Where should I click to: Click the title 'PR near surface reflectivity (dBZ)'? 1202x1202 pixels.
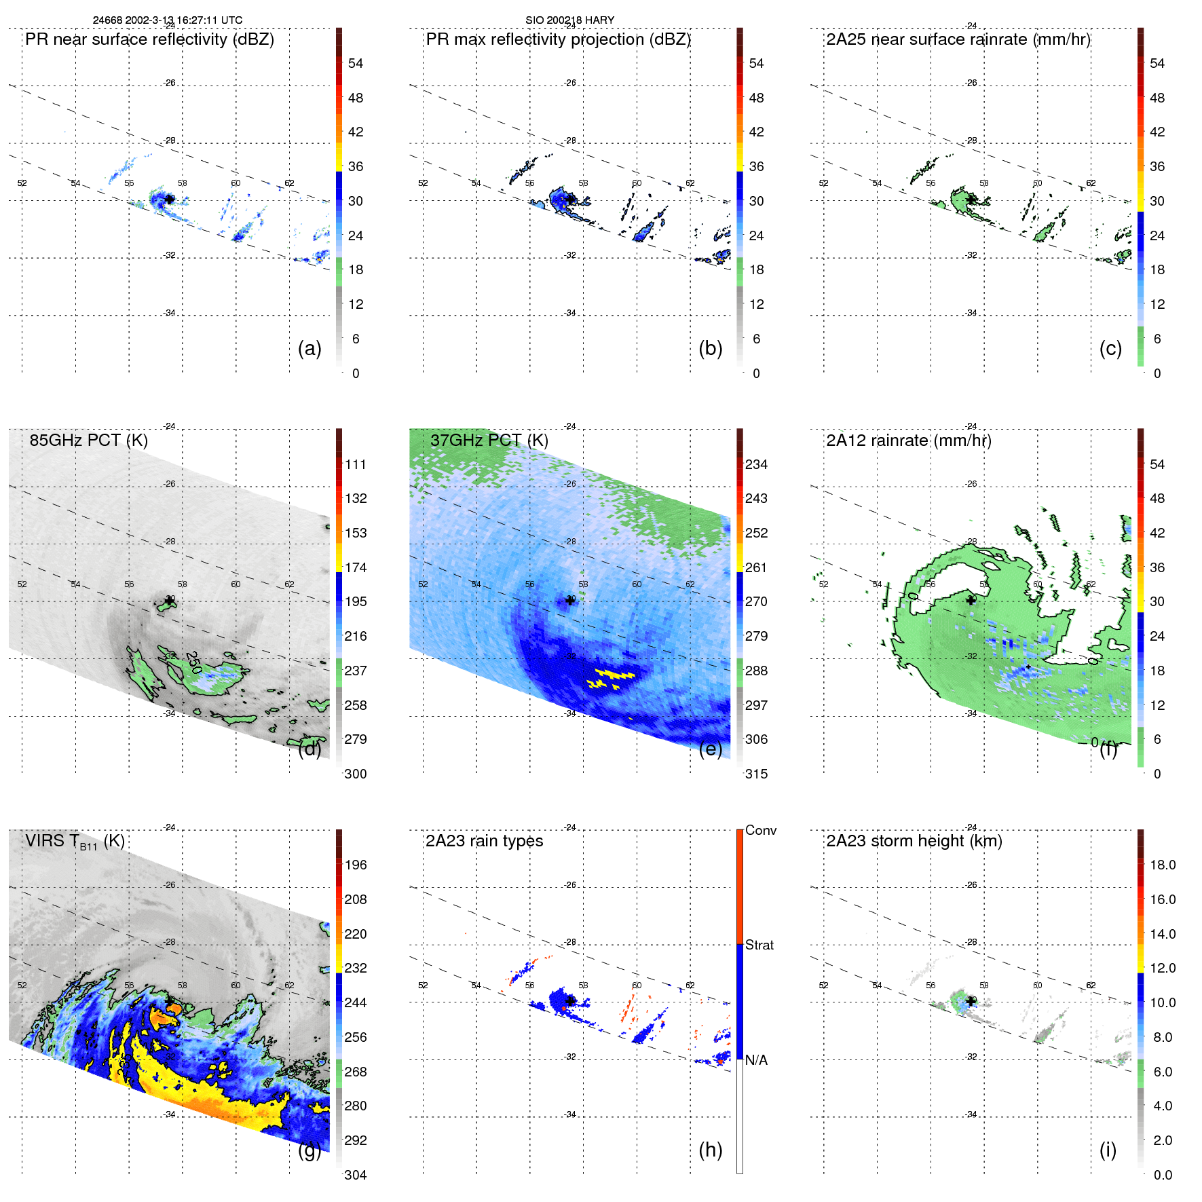coord(149,39)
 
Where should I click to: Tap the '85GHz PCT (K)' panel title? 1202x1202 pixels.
coord(88,440)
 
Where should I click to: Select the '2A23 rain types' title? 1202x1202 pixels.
coord(484,842)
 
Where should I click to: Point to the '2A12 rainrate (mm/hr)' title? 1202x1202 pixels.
coord(908,440)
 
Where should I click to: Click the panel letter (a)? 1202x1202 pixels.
coord(309,349)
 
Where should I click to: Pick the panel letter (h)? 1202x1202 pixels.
coord(710,1150)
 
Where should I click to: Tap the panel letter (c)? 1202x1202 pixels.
coord(1110,349)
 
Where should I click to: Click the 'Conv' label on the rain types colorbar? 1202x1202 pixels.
coord(760,831)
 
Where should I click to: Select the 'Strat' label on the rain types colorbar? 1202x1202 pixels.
coord(759,945)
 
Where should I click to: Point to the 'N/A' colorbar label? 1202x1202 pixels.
coord(756,1061)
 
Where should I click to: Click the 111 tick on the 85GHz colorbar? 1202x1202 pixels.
coord(356,465)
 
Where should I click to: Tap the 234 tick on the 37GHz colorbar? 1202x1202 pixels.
coord(756,465)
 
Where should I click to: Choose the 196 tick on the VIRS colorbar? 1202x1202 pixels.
coord(356,865)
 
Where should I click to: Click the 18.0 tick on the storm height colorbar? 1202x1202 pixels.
coord(1162,865)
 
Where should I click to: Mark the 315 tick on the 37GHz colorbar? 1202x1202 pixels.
coord(756,774)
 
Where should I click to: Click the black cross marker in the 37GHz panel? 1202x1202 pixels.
coord(570,601)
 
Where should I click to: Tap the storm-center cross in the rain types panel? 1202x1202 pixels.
coord(570,1001)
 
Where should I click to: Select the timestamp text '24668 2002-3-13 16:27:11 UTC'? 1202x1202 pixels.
coord(167,20)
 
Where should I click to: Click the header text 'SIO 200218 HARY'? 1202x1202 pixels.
coord(569,20)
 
